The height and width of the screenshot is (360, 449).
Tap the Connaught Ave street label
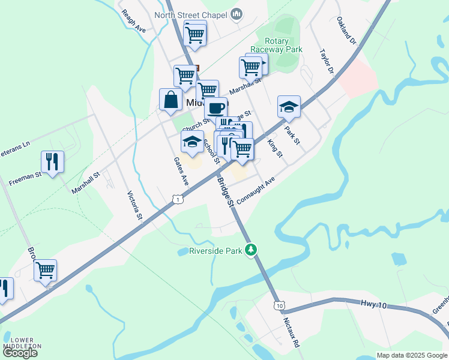click(255, 191)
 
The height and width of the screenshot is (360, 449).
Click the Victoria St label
click(135, 205)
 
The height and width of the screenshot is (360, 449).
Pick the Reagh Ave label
click(133, 20)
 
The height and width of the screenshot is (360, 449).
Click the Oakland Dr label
click(346, 32)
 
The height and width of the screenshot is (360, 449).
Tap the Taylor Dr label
click(327, 61)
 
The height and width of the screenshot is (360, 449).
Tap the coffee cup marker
click(216, 108)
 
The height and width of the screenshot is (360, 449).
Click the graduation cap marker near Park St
click(289, 107)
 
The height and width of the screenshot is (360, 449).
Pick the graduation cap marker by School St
click(193, 142)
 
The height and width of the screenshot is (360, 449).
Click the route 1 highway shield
click(176, 198)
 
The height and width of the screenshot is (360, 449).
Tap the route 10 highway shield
click(279, 306)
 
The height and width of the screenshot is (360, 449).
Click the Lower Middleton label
click(22, 343)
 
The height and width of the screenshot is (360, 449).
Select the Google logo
click(20, 353)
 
